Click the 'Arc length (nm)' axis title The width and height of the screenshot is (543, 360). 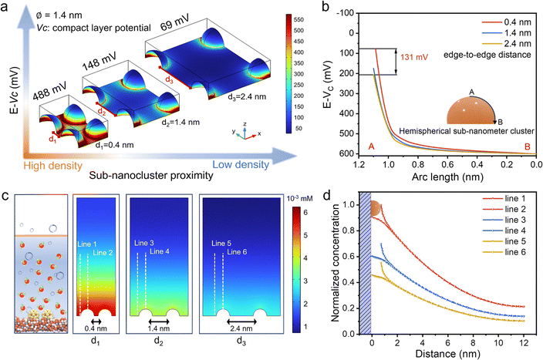click(x=444, y=177)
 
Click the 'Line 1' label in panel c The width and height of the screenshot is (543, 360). click(x=86, y=245)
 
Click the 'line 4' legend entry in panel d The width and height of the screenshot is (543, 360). click(x=501, y=252)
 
